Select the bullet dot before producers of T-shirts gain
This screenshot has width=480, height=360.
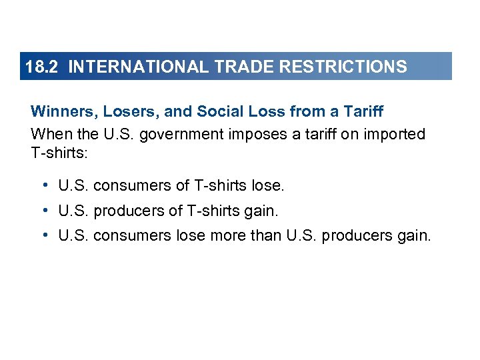tap(43, 211)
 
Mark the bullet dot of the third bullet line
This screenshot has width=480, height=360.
tap(43, 235)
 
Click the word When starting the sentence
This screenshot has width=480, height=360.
tap(49, 134)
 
